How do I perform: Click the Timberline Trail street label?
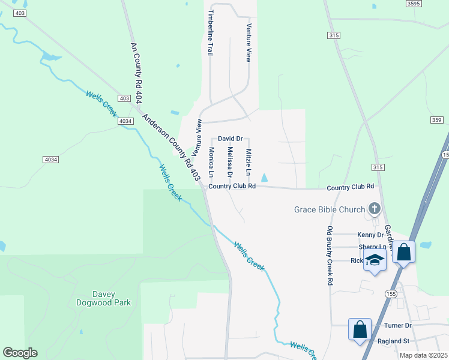tap(210, 32)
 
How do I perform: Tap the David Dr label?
tap(230, 138)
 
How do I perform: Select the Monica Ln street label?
tap(211, 162)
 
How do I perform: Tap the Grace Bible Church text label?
tap(330, 209)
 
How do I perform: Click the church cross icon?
tap(375, 209)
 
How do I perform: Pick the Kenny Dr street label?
tap(370, 235)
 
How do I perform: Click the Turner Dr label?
tap(398, 325)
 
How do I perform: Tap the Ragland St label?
tap(393, 341)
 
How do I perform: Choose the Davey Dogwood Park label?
tap(103, 298)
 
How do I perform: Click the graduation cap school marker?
tap(375, 261)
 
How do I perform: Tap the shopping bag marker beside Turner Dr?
tap(360, 329)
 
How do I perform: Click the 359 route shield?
tap(436, 121)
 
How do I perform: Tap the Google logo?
tap(20, 353)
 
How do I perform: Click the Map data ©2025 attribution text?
tap(424, 355)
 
